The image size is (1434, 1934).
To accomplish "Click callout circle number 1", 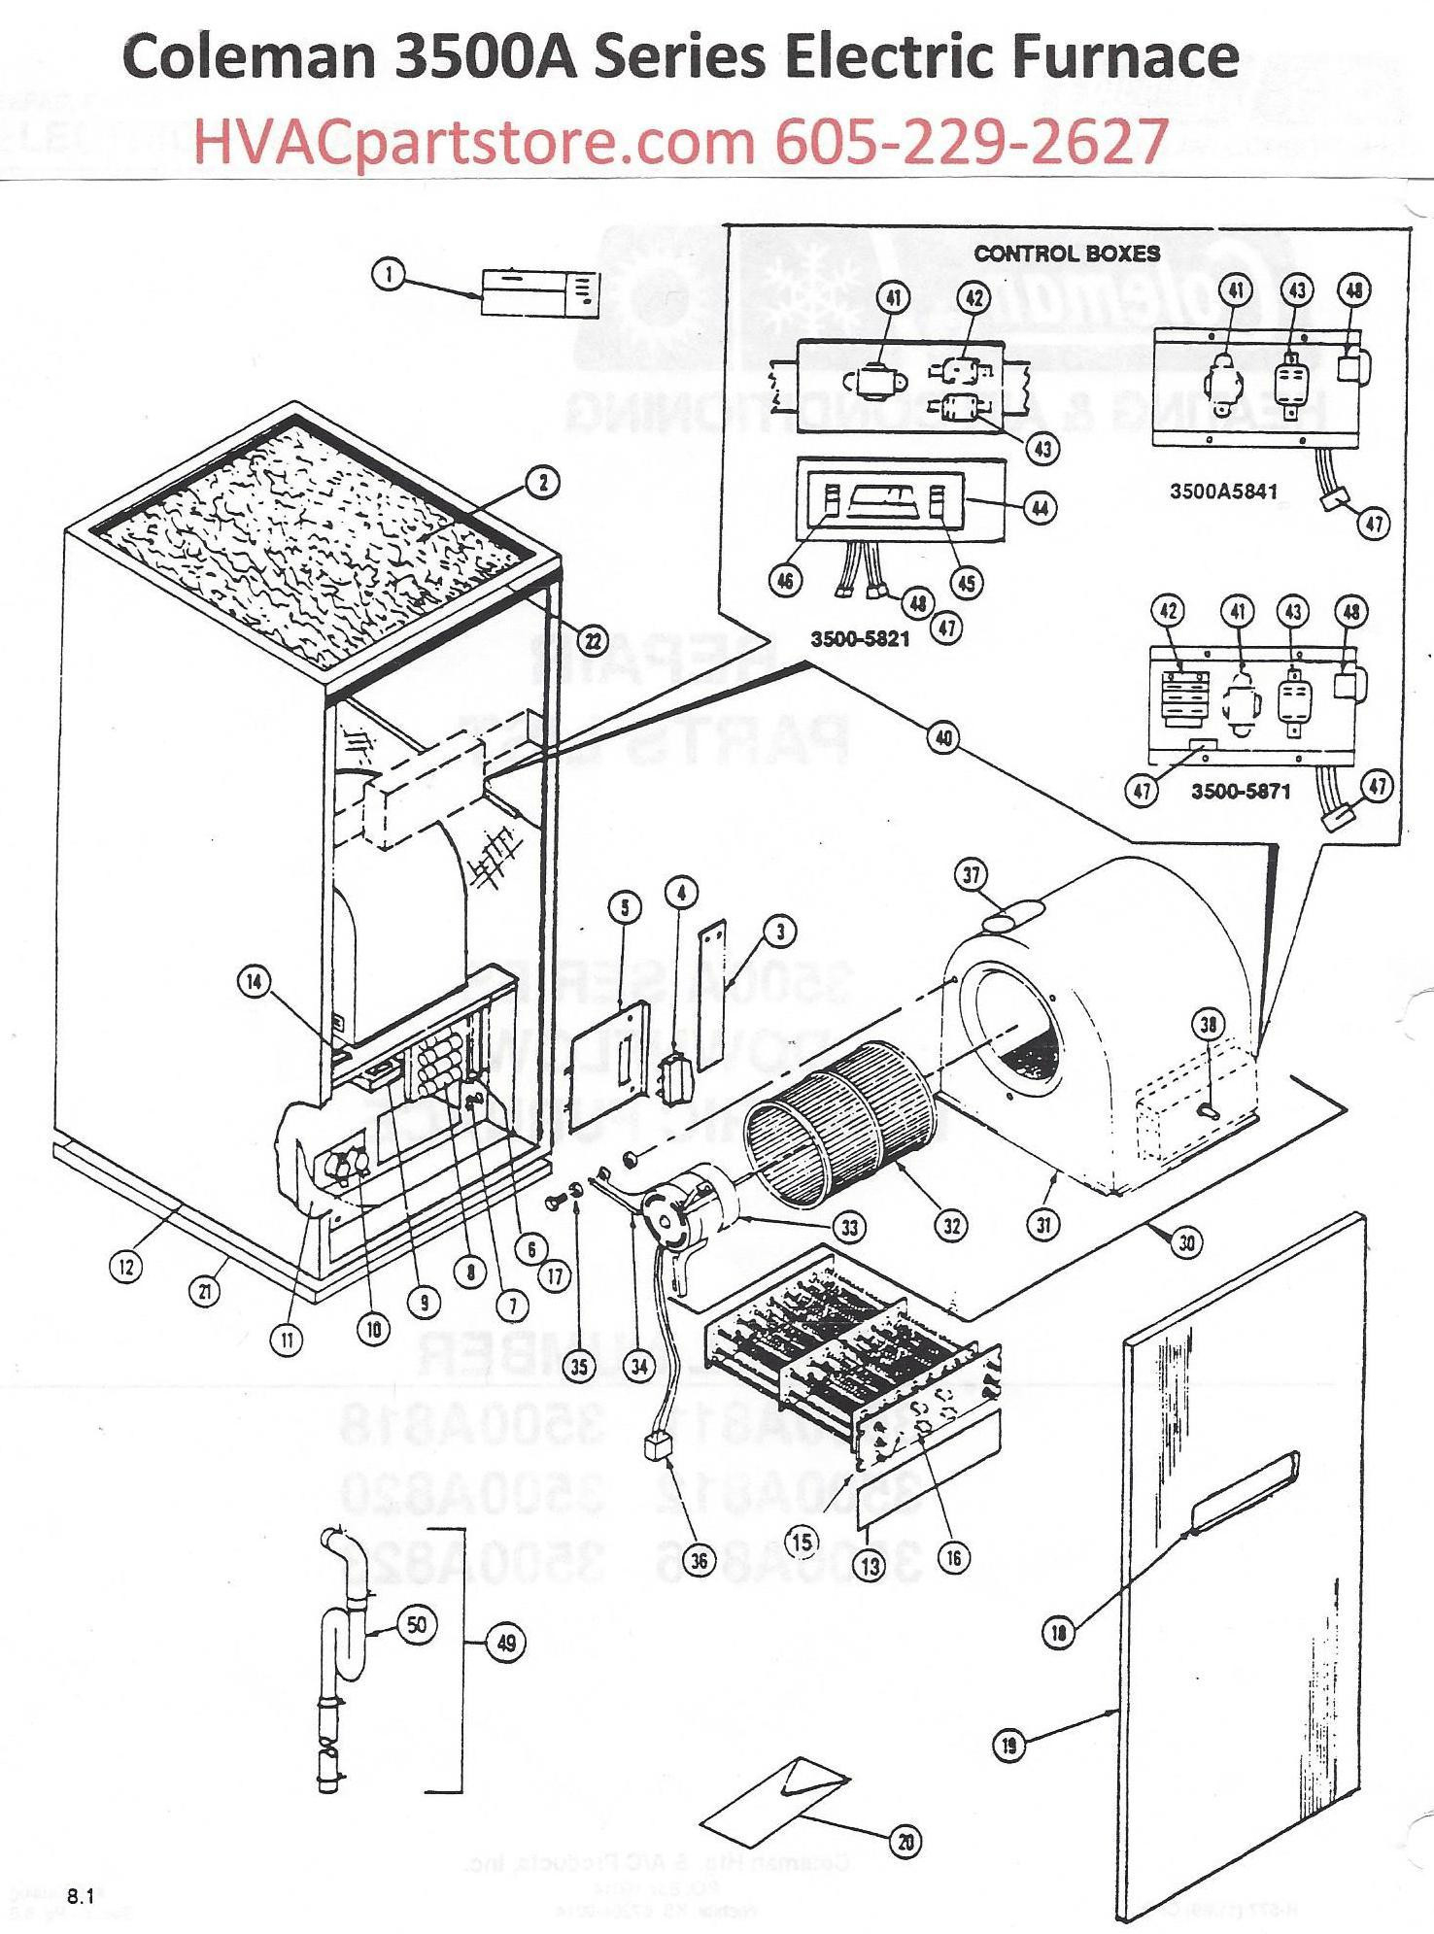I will tap(389, 276).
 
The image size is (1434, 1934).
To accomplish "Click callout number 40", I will tap(942, 738).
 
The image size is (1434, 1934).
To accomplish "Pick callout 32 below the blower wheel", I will tap(951, 1225).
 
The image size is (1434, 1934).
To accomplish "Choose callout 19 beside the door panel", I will tap(1009, 1746).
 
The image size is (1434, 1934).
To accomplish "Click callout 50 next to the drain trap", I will tap(417, 1626).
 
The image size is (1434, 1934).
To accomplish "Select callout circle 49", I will tap(506, 1644).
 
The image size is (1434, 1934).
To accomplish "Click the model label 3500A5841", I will tap(1221, 492).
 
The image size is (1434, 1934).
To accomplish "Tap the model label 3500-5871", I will tap(1241, 792).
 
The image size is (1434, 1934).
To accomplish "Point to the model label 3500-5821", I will tap(860, 641).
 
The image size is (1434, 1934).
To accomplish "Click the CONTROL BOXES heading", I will tap(1067, 254).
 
